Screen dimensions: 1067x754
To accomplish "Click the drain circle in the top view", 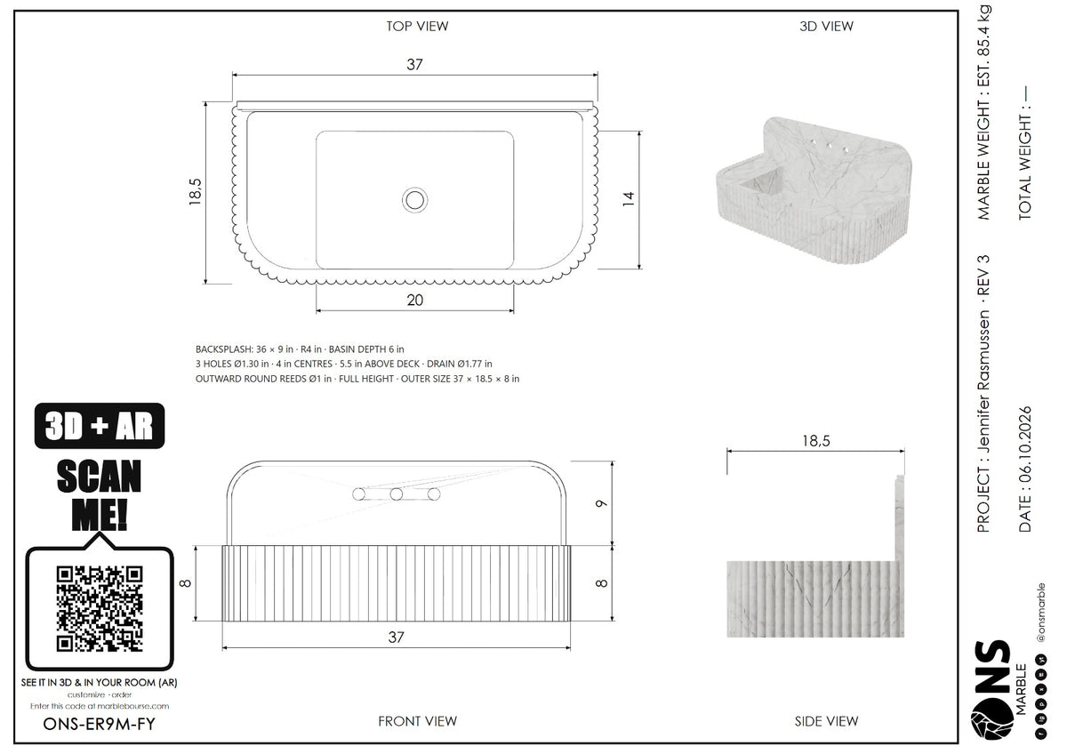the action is [x=414, y=200].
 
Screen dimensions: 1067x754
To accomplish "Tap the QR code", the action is [x=100, y=609].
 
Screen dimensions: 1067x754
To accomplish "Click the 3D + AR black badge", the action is [x=100, y=425].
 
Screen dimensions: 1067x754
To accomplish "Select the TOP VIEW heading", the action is [x=417, y=26].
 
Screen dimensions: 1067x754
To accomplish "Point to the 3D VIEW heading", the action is [x=826, y=26].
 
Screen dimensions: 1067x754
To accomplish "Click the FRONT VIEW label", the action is [x=417, y=721].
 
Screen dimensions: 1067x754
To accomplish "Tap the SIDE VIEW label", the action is [x=826, y=721].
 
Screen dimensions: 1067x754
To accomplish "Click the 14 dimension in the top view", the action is [x=629, y=198].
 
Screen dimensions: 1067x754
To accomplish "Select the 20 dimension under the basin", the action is [x=415, y=300].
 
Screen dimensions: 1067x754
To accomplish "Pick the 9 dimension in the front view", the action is [x=602, y=503].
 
